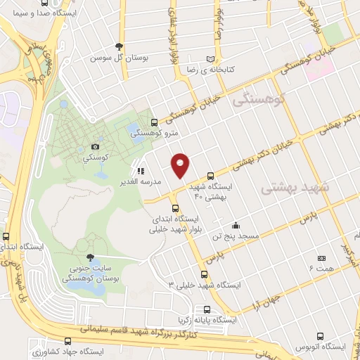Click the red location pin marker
181,165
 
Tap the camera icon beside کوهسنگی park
95,147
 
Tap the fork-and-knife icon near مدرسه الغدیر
141,170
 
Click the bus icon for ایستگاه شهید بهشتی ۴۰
212,176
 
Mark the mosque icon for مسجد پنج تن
236,226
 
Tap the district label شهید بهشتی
289,188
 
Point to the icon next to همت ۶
321,259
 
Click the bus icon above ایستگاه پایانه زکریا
207,309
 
